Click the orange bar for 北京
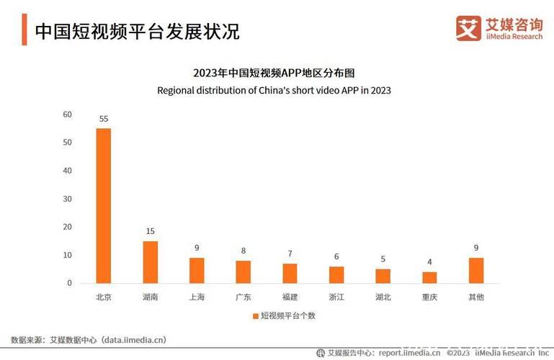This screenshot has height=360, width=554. point(103,206)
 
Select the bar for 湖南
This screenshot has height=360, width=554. point(150,262)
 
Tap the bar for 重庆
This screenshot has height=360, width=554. point(429,277)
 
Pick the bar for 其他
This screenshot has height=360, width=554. point(476,271)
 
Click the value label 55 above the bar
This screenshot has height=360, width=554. point(103,119)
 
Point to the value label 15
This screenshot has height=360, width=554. point(150,231)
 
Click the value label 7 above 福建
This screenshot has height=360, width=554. point(290,253)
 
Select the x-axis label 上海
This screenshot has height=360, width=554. point(196,297)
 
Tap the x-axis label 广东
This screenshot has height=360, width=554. point(243,297)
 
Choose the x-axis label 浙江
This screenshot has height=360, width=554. point(336,297)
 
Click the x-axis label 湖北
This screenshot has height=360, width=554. point(383,297)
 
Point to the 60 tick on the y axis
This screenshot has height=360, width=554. point(67,114)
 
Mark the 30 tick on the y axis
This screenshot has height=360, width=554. point(67,199)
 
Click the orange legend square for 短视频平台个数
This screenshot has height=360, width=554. point(255,316)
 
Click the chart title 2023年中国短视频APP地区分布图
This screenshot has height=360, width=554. point(274,73)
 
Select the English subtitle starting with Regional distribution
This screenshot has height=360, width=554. point(274,91)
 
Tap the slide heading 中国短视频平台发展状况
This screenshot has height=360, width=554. point(137,32)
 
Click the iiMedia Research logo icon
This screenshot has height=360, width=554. point(468,29)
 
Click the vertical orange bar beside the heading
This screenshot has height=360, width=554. point(24,32)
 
